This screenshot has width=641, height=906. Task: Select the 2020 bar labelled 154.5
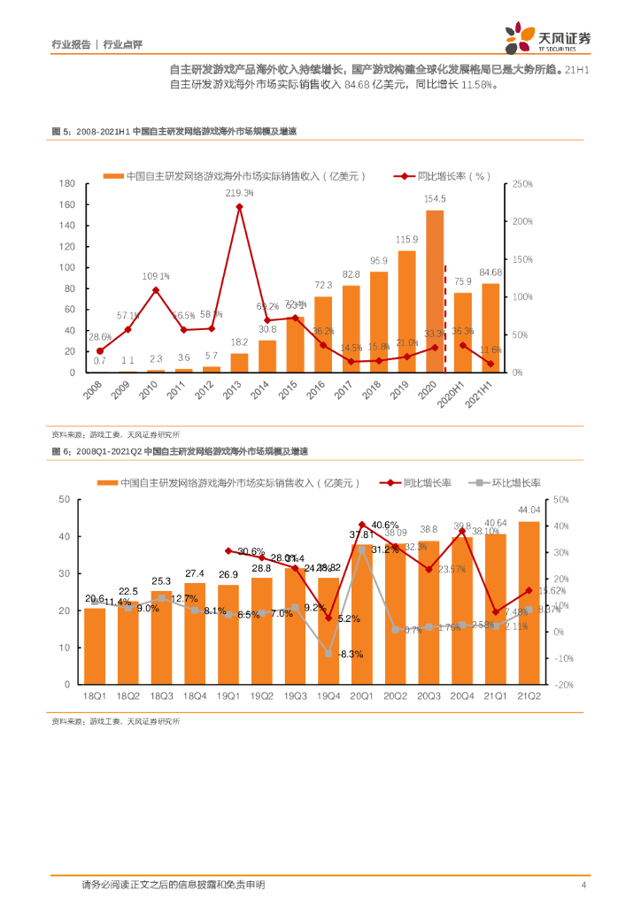[435, 292]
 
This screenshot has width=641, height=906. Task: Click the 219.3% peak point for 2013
[240, 207]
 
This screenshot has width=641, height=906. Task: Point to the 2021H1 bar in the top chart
[490, 328]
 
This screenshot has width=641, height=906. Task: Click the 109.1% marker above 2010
[156, 290]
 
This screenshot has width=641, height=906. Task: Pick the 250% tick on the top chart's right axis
[522, 183]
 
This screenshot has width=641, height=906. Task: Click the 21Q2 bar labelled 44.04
[529, 603]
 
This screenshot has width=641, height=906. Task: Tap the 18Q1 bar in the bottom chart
[95, 646]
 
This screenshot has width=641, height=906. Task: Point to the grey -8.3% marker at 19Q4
[328, 654]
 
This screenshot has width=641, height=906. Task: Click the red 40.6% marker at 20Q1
[362, 525]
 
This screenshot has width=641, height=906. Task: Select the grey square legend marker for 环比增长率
[479, 483]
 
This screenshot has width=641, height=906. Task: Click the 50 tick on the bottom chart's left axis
[63, 499]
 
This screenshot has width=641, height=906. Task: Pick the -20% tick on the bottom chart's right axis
[563, 685]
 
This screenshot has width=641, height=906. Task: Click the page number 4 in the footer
[583, 885]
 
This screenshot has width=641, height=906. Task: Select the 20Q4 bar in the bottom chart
[462, 610]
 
